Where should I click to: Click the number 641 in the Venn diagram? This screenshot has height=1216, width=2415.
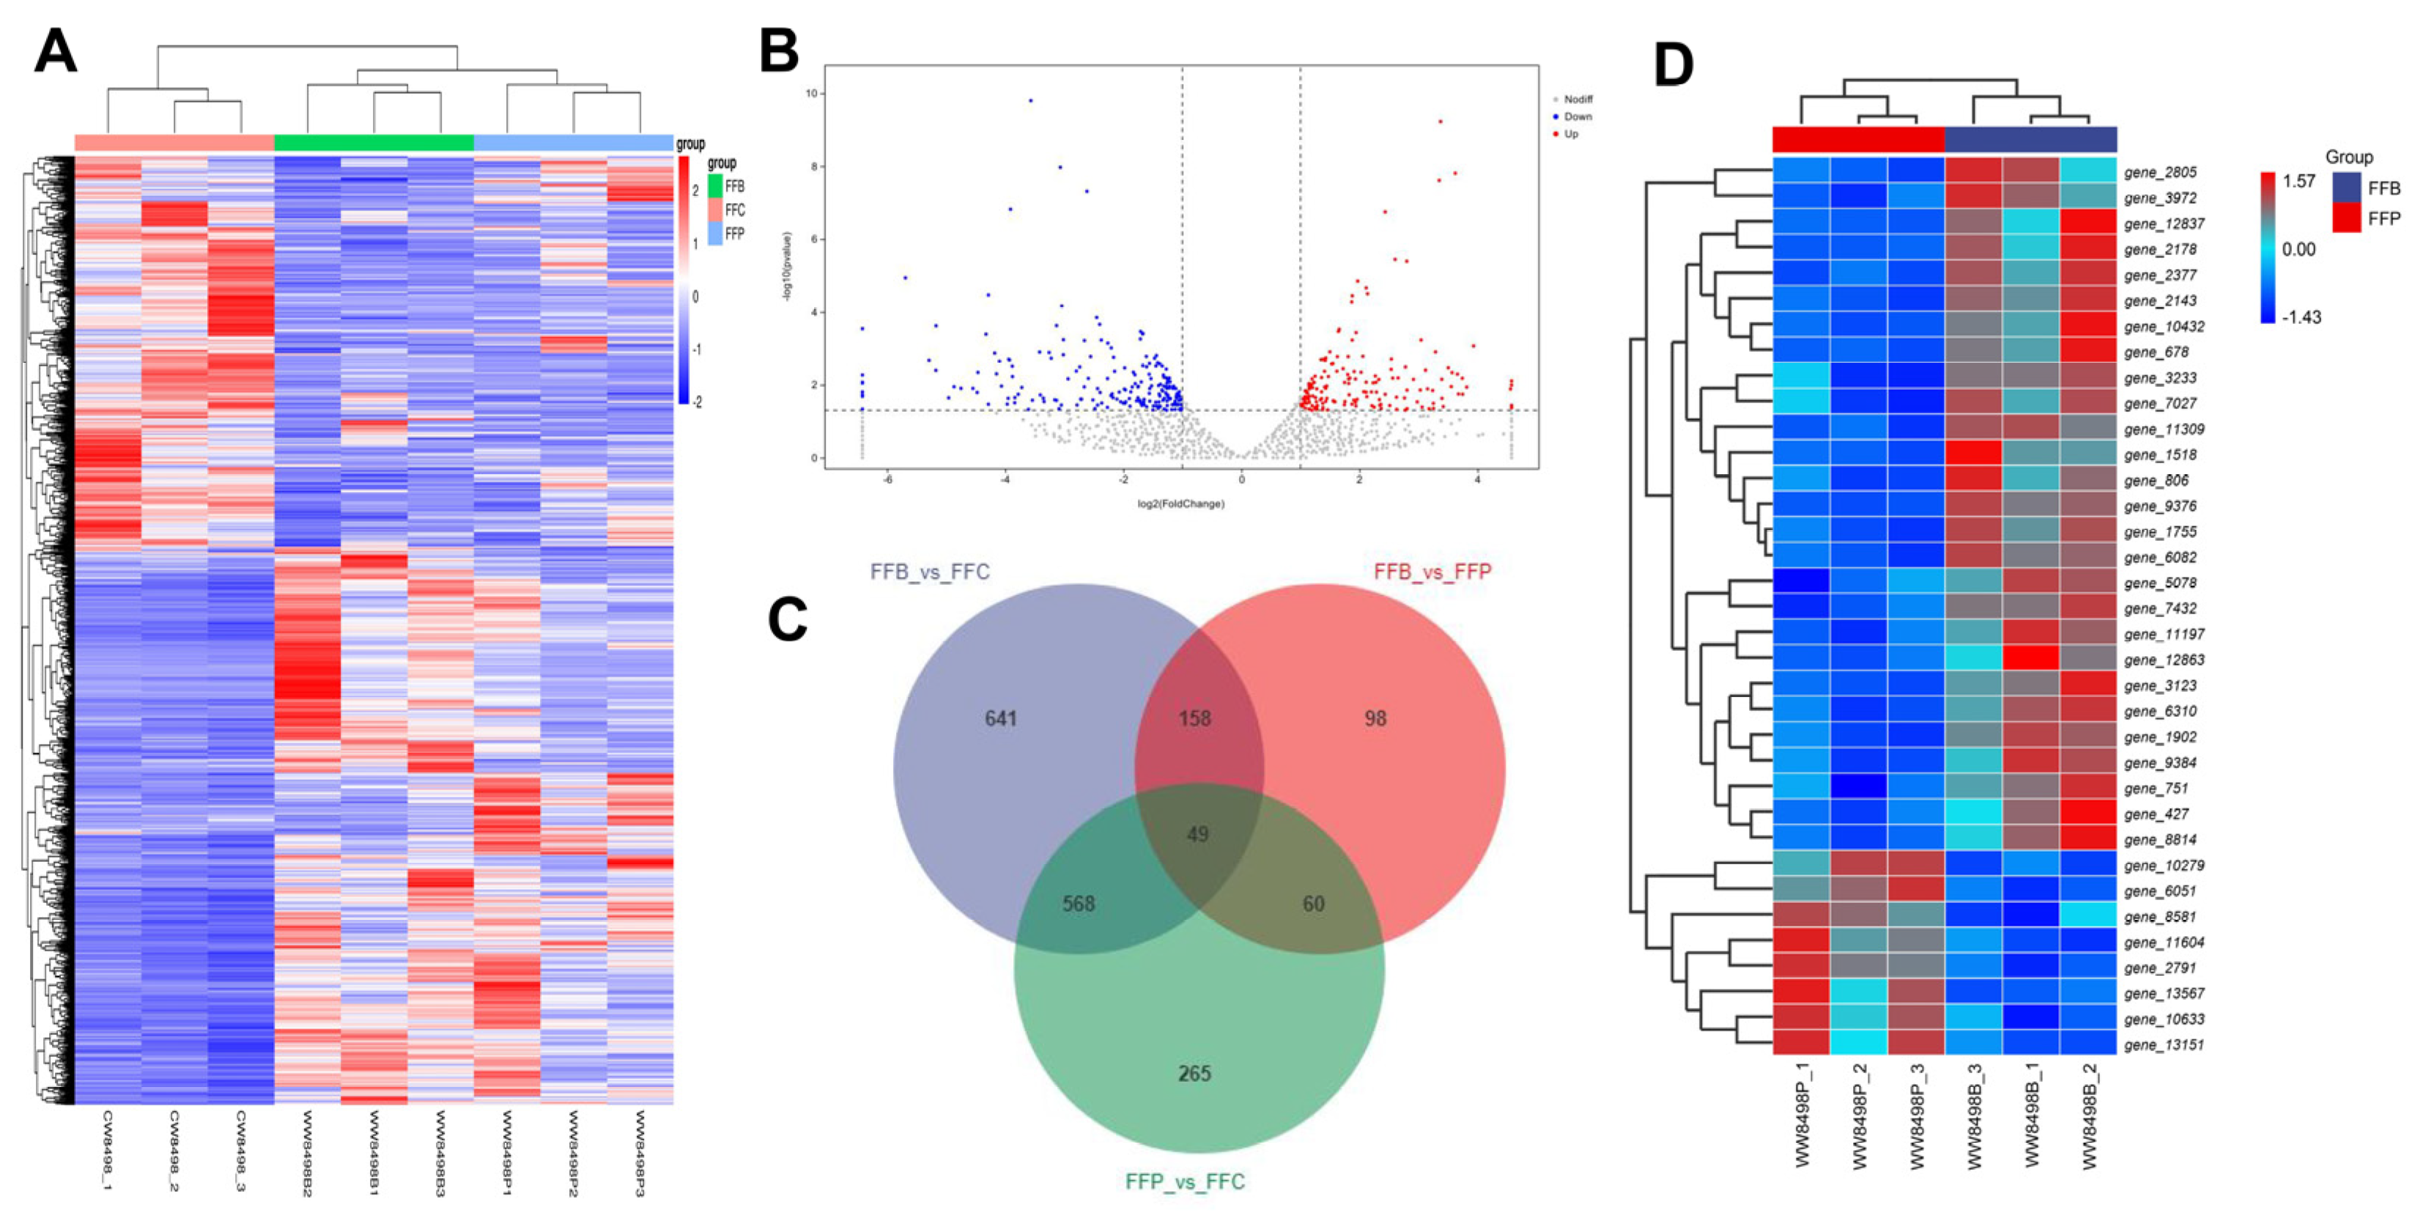coord(1000,718)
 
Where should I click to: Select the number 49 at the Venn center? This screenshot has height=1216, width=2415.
coord(1197,833)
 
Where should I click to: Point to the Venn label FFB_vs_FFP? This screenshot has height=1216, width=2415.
coord(1432,571)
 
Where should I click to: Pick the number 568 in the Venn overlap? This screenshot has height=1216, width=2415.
coord(1078,903)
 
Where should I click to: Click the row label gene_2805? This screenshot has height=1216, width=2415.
coord(2160,172)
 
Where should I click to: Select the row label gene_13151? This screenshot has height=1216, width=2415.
coord(2164,1044)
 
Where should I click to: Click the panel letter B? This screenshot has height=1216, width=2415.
coord(779,51)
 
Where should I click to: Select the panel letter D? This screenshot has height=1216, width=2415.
coord(1674,66)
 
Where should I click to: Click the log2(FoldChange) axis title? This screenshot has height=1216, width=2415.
coord(1180,504)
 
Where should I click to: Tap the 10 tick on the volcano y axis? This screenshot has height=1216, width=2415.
coord(811,93)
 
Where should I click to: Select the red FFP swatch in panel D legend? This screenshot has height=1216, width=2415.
coord(2347,218)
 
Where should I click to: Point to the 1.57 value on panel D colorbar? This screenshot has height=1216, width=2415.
coord(2298,181)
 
